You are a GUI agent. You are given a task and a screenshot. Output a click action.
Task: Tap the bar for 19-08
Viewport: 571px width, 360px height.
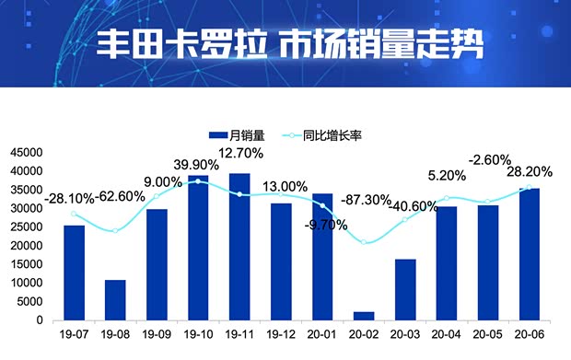[x=115, y=300]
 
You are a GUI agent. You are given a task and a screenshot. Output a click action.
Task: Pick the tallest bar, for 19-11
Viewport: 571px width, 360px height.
[x=239, y=247]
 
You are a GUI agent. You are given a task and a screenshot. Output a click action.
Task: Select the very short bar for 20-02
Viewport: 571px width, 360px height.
[x=364, y=316]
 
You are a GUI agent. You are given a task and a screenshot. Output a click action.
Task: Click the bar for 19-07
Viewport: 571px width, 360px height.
[x=74, y=273]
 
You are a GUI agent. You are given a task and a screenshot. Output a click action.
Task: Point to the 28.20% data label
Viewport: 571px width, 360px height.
[x=532, y=170]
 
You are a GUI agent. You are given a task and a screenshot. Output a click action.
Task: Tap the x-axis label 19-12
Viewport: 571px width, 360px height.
[x=281, y=335]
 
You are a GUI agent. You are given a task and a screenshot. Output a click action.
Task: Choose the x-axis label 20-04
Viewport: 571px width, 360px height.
[x=446, y=335]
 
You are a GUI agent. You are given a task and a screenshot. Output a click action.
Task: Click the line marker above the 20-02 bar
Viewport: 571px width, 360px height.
[x=364, y=242]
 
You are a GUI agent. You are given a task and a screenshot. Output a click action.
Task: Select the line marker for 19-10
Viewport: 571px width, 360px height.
[x=198, y=181]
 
